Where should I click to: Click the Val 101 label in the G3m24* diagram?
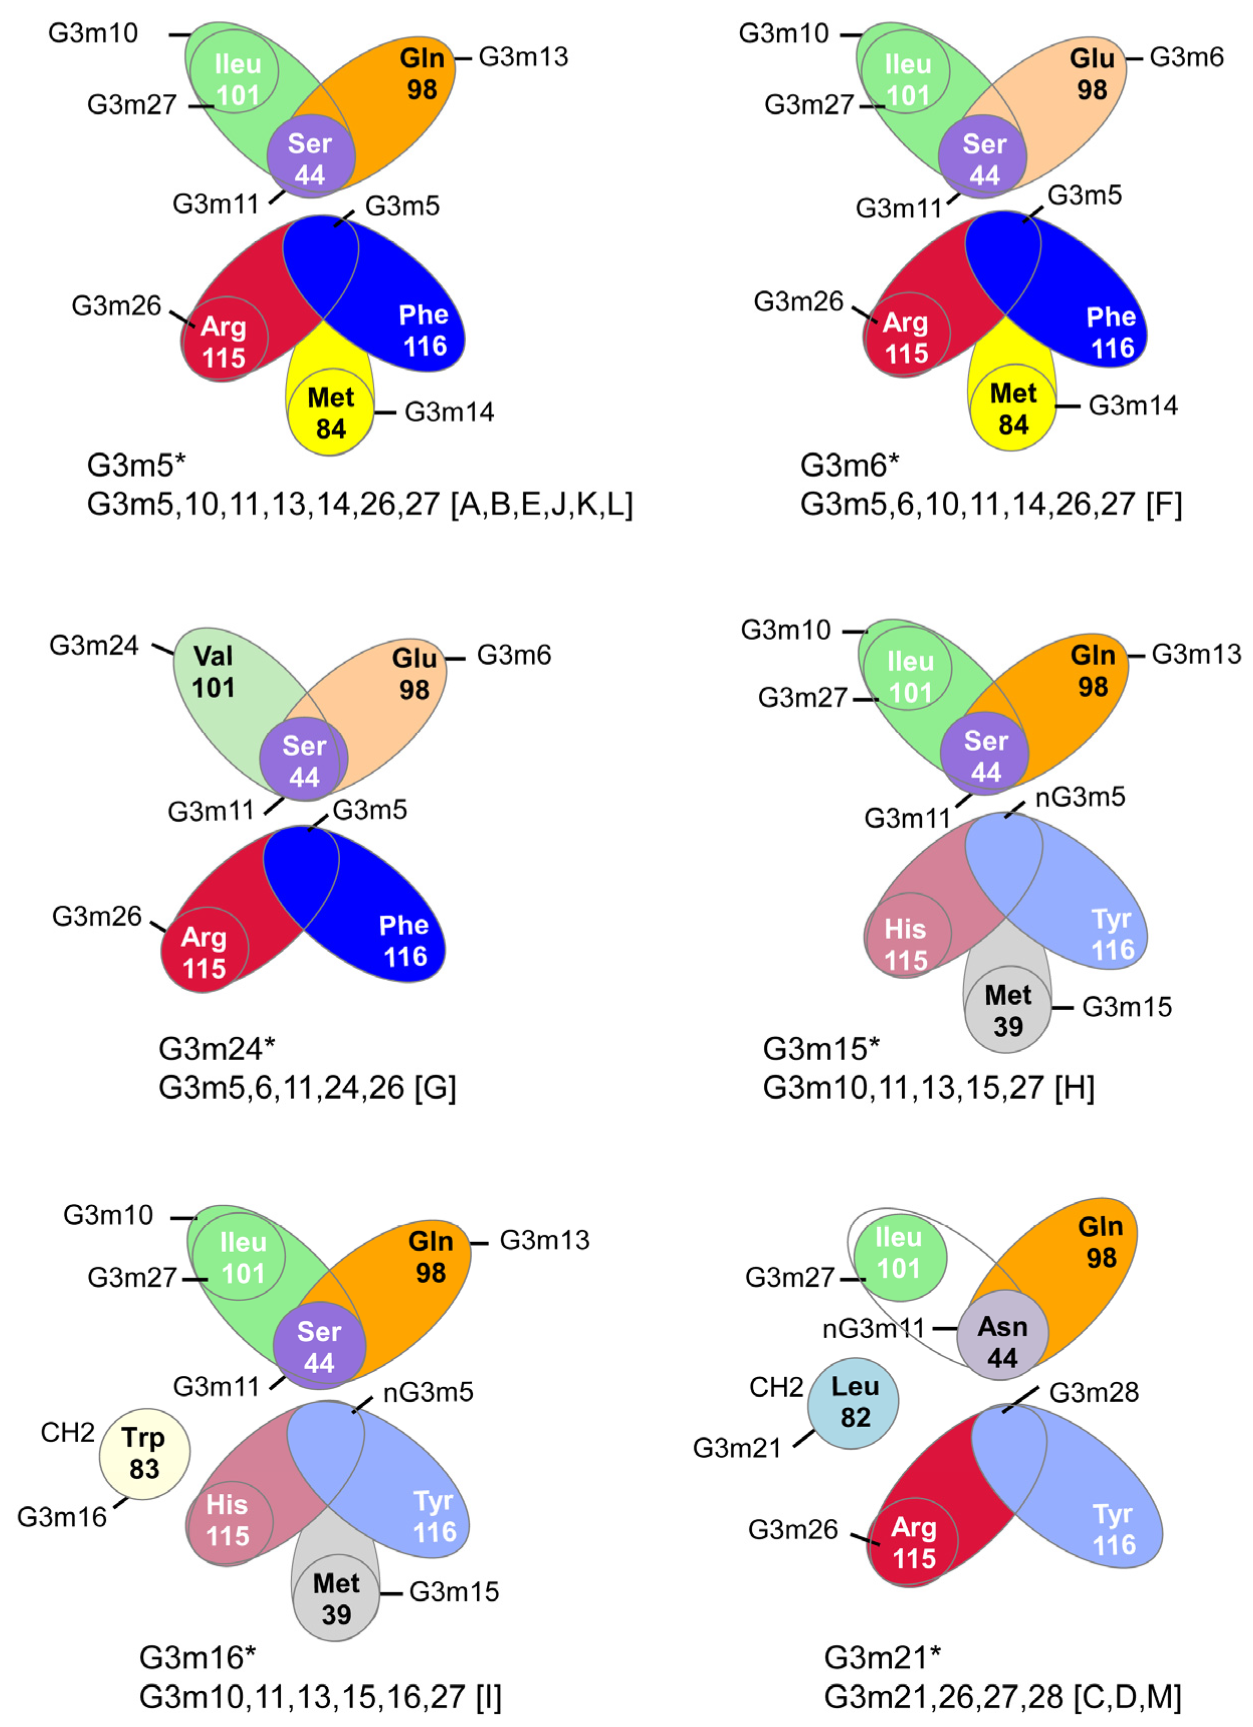click(213, 672)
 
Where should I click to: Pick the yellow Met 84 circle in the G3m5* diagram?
click(331, 413)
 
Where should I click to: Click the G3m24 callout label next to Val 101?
click(94, 646)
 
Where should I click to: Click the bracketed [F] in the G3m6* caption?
click(1164, 504)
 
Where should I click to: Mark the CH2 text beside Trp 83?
click(67, 1433)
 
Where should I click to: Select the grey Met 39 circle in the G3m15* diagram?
click(1007, 1010)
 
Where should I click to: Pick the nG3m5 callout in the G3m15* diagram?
click(1079, 797)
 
